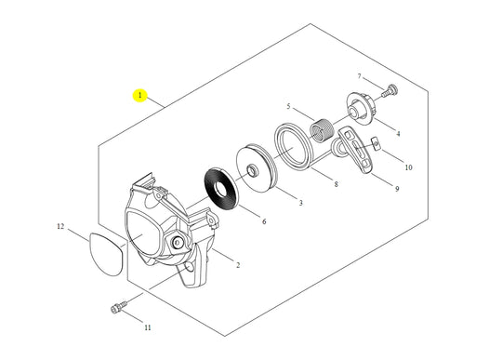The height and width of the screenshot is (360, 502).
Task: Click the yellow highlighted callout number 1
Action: (139, 96)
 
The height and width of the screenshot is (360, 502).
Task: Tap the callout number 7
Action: (359, 76)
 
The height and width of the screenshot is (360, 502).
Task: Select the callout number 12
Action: (60, 226)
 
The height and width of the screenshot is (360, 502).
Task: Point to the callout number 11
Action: (147, 327)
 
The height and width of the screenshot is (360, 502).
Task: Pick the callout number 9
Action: (397, 190)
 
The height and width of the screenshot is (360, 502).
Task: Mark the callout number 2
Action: (237, 265)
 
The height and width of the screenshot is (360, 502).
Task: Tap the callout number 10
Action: (407, 167)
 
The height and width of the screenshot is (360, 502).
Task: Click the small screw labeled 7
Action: (390, 90)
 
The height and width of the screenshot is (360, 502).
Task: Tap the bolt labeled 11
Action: (118, 307)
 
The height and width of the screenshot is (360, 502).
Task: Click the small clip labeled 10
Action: (377, 142)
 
